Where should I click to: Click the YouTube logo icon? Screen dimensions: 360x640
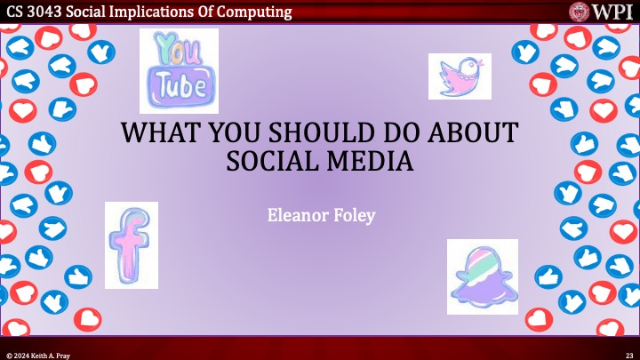[179, 68]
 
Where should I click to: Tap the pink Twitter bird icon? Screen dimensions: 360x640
[460, 76]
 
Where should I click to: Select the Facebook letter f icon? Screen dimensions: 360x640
[131, 245]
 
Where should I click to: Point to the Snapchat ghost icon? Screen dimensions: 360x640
[482, 276]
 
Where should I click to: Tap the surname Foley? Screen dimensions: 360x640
[352, 216]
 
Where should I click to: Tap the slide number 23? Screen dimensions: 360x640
[628, 355]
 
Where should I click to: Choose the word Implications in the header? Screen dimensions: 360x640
[159, 12]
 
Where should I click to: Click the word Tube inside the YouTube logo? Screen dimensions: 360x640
[180, 85]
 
